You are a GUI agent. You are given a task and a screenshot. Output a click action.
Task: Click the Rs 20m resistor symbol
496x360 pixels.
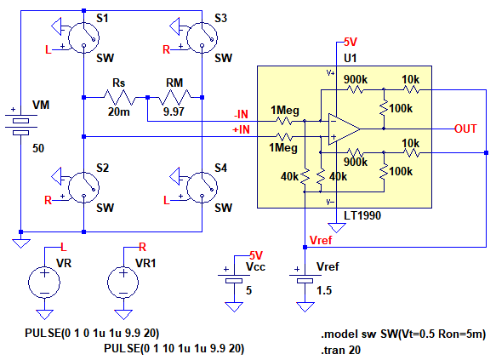click(119, 97)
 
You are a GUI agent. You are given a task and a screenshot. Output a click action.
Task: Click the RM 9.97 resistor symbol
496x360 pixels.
click(174, 97)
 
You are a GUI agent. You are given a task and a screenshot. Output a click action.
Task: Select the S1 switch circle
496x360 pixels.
click(84, 37)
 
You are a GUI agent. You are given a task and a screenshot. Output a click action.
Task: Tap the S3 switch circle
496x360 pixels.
click(202, 37)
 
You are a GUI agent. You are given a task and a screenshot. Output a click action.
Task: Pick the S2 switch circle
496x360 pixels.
click(84, 187)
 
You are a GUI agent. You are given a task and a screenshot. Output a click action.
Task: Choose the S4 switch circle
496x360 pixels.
click(202, 187)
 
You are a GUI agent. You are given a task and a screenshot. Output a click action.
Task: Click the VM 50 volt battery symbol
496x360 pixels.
click(21, 125)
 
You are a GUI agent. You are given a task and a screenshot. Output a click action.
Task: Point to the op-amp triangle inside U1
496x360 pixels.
click(344, 129)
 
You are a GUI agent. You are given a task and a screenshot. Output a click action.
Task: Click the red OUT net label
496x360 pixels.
click(465, 129)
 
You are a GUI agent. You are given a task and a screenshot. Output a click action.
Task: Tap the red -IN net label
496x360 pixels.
click(241, 114)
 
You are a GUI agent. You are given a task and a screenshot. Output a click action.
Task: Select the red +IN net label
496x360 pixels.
click(241, 129)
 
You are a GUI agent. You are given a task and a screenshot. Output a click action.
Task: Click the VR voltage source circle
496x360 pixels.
click(44, 283)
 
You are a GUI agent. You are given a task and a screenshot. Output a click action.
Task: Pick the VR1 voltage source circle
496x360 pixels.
click(123, 283)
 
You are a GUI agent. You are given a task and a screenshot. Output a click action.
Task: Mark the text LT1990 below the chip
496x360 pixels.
click(362, 216)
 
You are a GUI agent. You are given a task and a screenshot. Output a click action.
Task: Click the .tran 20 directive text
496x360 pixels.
click(340, 350)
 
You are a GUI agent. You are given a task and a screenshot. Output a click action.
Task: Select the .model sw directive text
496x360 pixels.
click(403, 334)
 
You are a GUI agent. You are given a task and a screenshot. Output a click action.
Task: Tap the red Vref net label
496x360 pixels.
click(321, 240)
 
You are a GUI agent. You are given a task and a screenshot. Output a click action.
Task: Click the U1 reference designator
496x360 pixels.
click(351, 58)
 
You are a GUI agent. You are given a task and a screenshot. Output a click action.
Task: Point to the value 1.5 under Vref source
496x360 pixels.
click(324, 290)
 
